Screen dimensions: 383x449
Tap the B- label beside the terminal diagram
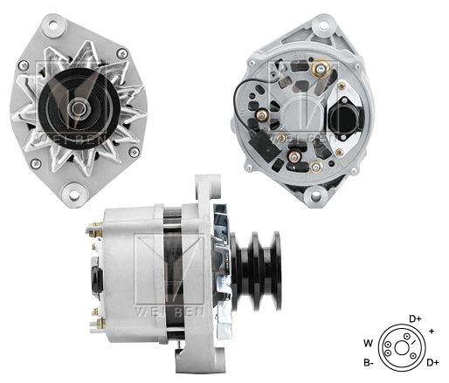tap(370, 362)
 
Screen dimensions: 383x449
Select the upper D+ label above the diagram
tap(416, 319)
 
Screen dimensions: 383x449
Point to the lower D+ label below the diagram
tap(432, 362)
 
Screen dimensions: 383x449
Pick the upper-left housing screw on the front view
tap(24, 65)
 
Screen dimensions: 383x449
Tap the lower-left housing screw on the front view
tap(34, 163)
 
